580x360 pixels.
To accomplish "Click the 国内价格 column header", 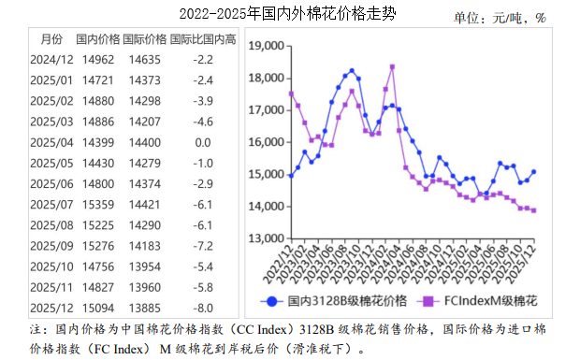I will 98,38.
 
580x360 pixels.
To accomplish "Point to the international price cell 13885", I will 145,307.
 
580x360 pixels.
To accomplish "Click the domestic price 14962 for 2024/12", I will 98,60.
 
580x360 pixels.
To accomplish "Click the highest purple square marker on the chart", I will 392,67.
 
